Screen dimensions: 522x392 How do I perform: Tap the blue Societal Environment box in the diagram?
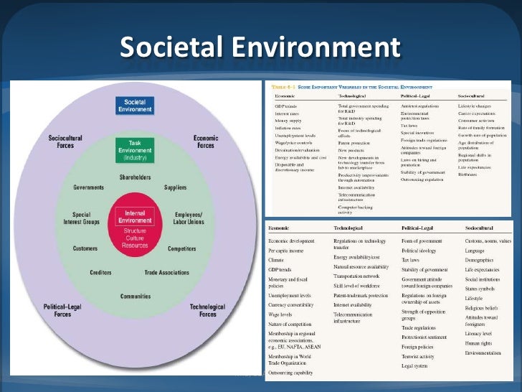(134, 106)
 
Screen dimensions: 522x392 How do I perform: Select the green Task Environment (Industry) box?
(134, 149)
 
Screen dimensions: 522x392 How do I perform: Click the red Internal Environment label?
(134, 217)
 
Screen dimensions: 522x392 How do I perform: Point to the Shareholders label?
(134, 177)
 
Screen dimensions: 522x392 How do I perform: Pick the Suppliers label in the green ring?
(175, 187)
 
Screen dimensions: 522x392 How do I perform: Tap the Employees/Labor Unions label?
(189, 218)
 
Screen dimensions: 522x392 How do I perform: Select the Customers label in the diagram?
(85, 248)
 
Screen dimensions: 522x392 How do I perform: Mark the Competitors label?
(182, 248)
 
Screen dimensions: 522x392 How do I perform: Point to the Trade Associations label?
(166, 272)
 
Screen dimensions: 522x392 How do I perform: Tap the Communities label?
(135, 296)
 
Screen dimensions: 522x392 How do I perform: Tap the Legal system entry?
(415, 365)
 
